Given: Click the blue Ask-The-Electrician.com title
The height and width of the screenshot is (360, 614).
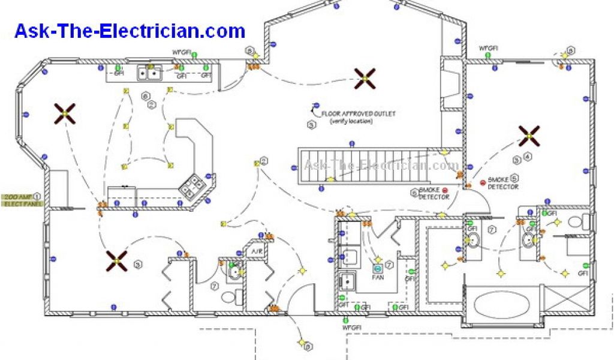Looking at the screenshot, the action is tap(130, 31).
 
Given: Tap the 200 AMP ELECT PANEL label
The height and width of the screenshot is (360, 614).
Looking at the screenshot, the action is tap(17, 201).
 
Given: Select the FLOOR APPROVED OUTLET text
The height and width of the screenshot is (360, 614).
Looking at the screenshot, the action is tap(359, 113).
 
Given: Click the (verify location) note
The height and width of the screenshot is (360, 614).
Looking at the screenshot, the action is tap(351, 121).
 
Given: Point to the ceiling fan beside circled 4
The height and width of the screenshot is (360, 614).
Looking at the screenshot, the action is tap(529, 136).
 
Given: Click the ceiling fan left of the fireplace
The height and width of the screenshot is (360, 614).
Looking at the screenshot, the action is tap(365, 77).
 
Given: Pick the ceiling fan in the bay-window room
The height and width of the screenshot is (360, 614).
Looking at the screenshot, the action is tap(65, 113).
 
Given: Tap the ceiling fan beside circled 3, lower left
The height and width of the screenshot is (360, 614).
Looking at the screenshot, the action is tap(117, 261).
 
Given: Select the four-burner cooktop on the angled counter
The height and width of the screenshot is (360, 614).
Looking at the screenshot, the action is tap(191, 187).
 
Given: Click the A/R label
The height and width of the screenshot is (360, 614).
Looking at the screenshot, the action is tap(256, 251).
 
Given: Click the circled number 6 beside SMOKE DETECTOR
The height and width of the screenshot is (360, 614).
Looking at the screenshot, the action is tap(413, 192).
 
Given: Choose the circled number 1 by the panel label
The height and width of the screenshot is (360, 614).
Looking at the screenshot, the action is tap(37, 196).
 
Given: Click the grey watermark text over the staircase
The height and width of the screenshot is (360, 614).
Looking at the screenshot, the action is tap(381, 165).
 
